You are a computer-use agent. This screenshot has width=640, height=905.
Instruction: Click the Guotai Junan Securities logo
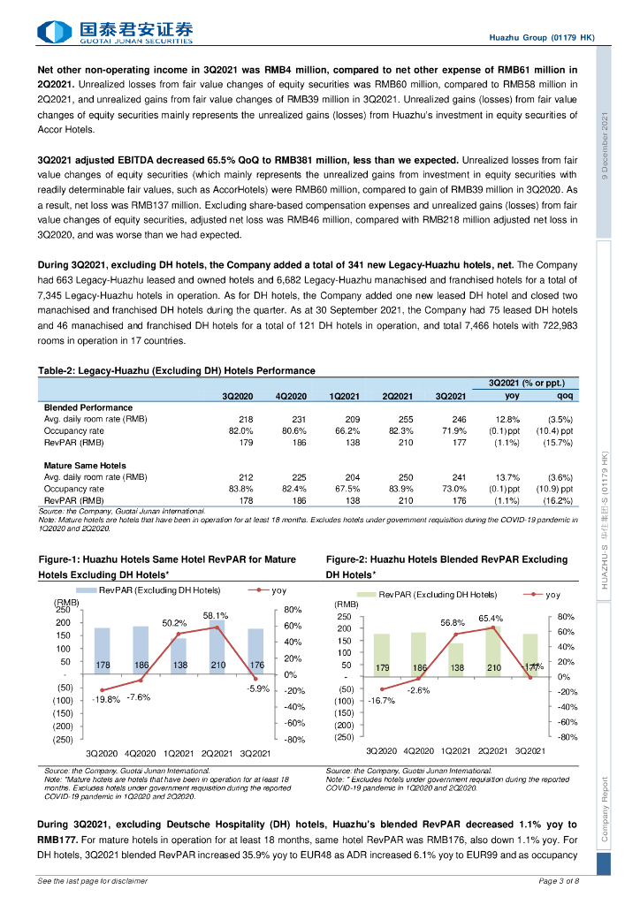[x=115, y=33]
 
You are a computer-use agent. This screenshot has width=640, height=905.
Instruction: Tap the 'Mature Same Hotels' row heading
[x=85, y=465]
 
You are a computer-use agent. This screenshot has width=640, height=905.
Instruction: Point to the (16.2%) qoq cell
[x=560, y=499]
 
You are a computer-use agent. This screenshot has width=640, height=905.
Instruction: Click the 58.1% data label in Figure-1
[x=216, y=615]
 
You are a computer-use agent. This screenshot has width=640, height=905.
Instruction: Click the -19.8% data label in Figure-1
[x=106, y=699]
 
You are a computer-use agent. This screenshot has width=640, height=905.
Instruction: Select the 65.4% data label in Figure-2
[x=491, y=619]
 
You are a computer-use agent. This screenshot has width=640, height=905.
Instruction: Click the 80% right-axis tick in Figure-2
[x=568, y=617]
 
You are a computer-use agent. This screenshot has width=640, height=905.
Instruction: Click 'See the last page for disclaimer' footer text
[x=93, y=881]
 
